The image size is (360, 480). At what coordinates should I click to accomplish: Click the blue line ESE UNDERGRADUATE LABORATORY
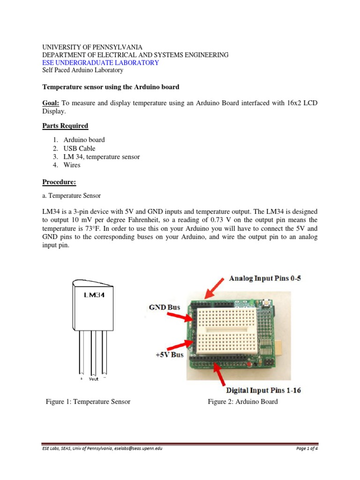tap(101, 62)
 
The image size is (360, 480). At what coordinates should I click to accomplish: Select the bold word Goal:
tap(52, 103)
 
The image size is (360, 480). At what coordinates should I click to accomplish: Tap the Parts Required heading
tap(65, 126)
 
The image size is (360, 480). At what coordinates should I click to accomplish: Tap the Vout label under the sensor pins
tap(94, 379)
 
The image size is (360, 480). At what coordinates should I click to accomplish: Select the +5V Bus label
tap(169, 354)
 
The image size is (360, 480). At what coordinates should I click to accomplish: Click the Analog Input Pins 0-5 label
tap(265, 278)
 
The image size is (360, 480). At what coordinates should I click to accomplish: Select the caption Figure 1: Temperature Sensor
tap(88, 401)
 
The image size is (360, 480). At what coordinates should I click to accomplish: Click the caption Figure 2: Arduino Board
tap(243, 401)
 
